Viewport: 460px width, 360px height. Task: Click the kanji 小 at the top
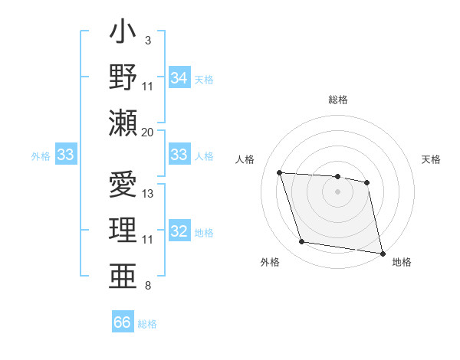[x=123, y=35]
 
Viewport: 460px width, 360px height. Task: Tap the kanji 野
[x=123, y=76]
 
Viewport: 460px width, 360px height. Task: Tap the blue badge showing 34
[x=179, y=78]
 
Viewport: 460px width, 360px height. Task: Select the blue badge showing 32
[x=179, y=231]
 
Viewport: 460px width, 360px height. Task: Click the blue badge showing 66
[x=123, y=322]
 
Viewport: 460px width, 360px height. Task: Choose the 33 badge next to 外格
[x=65, y=155]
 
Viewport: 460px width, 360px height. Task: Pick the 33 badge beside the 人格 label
[x=179, y=155]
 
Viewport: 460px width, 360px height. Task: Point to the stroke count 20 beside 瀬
[x=147, y=132]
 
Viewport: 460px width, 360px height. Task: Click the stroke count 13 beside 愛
[x=148, y=193]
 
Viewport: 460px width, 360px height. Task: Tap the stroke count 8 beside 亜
[x=148, y=286]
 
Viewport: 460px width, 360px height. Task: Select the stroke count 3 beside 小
[x=148, y=39]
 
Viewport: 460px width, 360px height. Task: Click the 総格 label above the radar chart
[x=338, y=100]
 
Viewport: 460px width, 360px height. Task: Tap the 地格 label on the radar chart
[x=402, y=262]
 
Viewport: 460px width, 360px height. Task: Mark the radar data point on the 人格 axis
[x=280, y=173]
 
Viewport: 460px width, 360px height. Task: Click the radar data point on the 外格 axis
[x=302, y=242]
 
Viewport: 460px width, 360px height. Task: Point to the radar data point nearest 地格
[x=382, y=252]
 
